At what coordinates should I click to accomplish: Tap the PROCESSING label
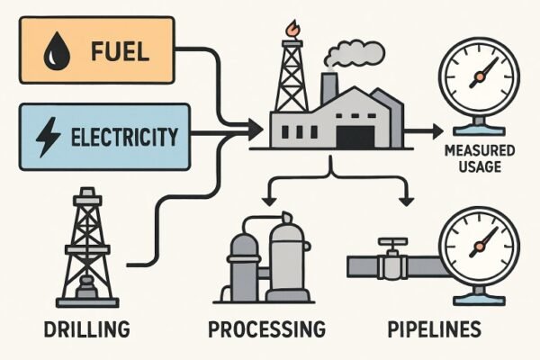tap(265, 328)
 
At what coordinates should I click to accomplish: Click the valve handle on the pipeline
tap(389, 243)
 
